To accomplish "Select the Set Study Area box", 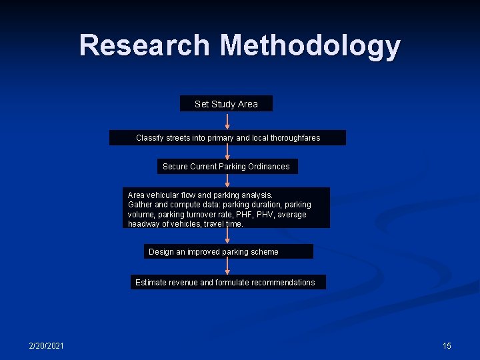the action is click(226, 104).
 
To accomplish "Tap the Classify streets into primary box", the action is click(227, 138).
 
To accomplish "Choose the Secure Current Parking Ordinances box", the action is click(227, 166).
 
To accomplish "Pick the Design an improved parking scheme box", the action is click(228, 251).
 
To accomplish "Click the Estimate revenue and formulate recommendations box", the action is click(227, 282).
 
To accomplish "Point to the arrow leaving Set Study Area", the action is click(227, 121).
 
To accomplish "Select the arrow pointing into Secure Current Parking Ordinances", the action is click(227, 152).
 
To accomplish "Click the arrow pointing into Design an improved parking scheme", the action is click(227, 236).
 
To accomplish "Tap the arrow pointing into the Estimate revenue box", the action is click(227, 267).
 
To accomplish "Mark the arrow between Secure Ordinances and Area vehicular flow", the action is click(227, 180).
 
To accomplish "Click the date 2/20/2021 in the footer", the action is click(47, 345).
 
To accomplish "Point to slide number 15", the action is click(447, 345).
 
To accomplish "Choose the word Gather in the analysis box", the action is click(140, 205).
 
